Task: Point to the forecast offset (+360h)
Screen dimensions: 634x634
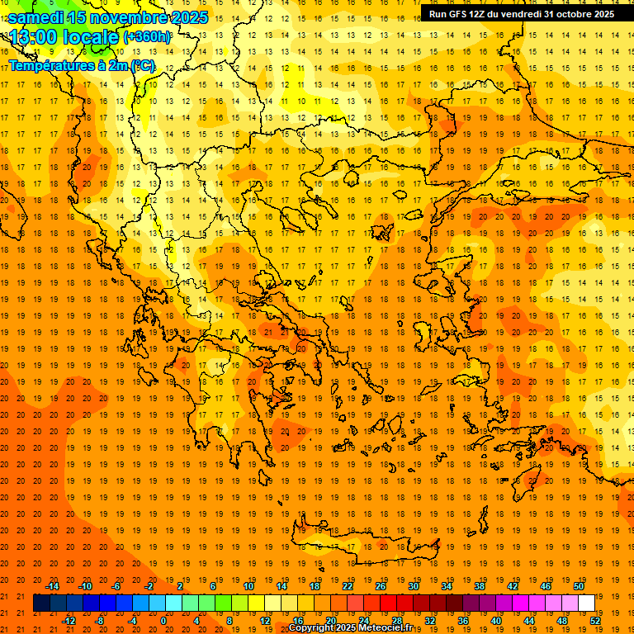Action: point(147,37)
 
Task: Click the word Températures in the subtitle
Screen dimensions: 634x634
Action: point(47,64)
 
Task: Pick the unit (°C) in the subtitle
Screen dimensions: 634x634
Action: point(142,64)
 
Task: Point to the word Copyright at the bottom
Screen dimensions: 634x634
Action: point(313,628)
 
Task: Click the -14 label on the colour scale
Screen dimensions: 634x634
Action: point(53,586)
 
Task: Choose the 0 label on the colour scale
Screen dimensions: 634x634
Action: point(163,621)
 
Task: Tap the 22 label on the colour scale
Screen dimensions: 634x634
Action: point(348,586)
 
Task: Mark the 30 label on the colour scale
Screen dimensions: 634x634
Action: point(414,586)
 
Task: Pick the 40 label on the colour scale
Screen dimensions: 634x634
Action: point(496,621)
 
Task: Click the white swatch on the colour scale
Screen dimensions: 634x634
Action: point(586,603)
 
